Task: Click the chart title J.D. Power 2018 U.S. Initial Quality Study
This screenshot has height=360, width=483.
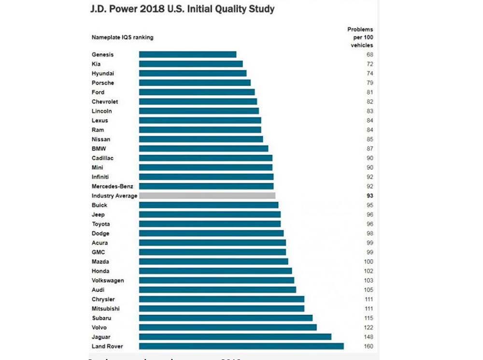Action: click(183, 9)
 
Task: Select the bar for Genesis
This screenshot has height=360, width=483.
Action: click(187, 55)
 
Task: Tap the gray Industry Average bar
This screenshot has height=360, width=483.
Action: click(207, 196)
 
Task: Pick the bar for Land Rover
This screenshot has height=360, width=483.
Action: click(241, 346)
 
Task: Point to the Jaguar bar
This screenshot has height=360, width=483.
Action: click(235, 337)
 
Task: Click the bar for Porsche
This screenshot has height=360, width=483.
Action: click(195, 83)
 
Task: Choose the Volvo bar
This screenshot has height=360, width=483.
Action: click(227, 327)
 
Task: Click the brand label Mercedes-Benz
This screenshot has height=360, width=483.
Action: click(112, 186)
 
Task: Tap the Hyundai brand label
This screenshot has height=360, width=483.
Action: click(103, 73)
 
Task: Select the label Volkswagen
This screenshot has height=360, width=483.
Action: click(108, 280)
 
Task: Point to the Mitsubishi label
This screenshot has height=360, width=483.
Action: click(105, 308)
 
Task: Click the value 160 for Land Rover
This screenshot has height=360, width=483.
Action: click(369, 346)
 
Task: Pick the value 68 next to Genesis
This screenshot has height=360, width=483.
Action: click(370, 55)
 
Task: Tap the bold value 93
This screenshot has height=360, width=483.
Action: click(370, 196)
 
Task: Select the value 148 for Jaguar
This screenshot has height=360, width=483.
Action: click(369, 337)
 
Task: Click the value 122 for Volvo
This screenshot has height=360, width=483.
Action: click(369, 327)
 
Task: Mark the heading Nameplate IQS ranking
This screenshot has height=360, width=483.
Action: click(122, 37)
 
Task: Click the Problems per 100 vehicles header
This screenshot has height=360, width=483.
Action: click(360, 37)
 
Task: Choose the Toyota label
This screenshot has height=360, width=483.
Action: click(100, 224)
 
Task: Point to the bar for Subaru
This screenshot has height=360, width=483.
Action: click(226, 318)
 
